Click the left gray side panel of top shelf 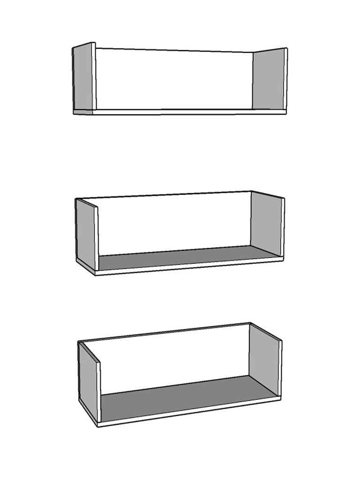point(83,77)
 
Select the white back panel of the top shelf point(173,80)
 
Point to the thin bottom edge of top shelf point(187,112)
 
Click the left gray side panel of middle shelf point(86,233)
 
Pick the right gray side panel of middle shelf point(266,224)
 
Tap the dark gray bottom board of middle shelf point(187,258)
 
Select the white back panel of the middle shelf point(173,223)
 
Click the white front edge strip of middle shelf point(187,266)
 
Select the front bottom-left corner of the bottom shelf point(97,426)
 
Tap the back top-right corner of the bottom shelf point(250,323)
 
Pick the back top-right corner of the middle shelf point(251,191)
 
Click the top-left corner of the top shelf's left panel point(73,48)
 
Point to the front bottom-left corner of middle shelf point(96,274)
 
